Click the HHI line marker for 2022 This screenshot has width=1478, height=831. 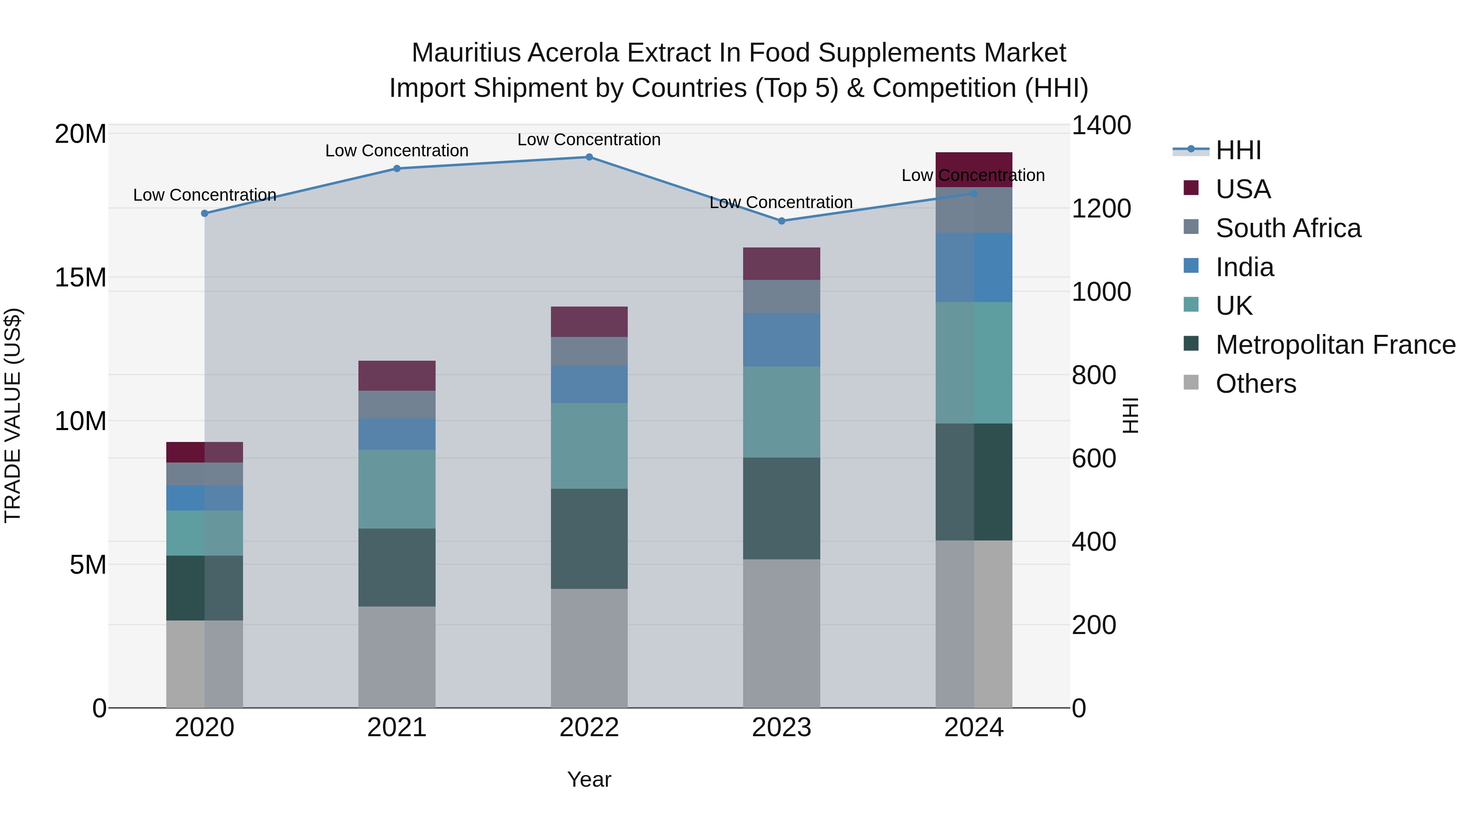[x=589, y=157]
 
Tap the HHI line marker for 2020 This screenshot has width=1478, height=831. [x=205, y=213]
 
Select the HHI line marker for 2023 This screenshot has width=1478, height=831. [x=781, y=221]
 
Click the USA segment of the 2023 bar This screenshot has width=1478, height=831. [x=781, y=264]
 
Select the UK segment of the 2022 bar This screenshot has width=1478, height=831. [x=589, y=446]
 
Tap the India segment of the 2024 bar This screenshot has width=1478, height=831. [x=974, y=267]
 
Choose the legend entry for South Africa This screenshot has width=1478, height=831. [x=1288, y=228]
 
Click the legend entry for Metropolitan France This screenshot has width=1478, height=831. [x=1335, y=345]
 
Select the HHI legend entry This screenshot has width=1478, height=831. [x=1238, y=150]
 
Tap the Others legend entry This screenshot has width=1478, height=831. [x=1255, y=384]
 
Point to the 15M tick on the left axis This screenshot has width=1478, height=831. [x=80, y=277]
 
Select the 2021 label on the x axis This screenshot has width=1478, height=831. [x=397, y=728]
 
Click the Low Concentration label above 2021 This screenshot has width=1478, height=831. [x=397, y=151]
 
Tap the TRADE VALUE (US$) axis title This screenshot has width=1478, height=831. [x=13, y=415]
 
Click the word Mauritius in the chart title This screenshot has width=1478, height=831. [x=466, y=53]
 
